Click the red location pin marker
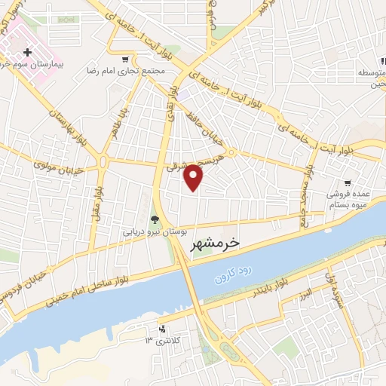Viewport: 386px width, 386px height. pyautogui.click(x=194, y=177)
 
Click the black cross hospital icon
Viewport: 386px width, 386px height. pyautogui.click(x=27, y=52)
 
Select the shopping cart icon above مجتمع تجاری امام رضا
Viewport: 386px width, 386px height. pyautogui.click(x=125, y=58)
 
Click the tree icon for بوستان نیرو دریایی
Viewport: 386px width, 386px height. pyautogui.click(x=155, y=220)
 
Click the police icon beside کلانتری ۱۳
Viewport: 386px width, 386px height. pyautogui.click(x=161, y=329)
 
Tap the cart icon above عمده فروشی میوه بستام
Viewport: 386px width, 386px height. pyautogui.click(x=348, y=182)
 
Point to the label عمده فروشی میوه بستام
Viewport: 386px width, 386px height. pyautogui.click(x=350, y=199)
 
